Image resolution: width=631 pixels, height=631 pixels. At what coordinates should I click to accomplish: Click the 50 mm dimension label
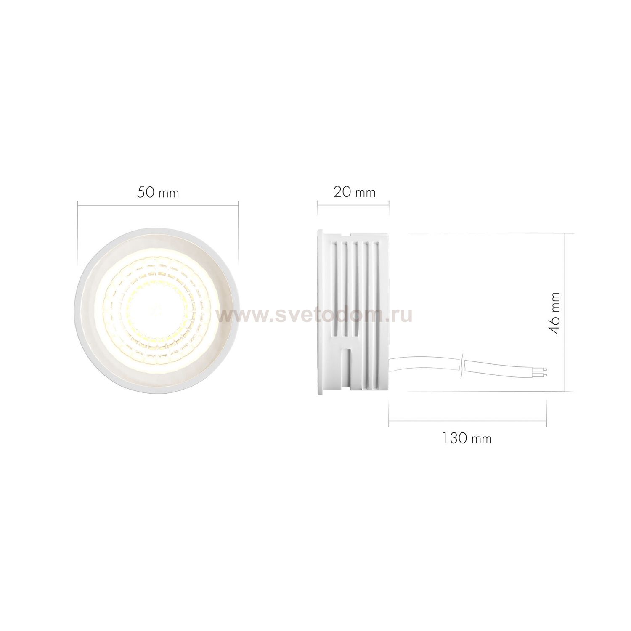(x=158, y=193)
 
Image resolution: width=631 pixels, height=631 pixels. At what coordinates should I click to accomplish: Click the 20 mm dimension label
(x=354, y=192)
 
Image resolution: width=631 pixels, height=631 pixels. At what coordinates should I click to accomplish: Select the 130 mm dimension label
(x=467, y=438)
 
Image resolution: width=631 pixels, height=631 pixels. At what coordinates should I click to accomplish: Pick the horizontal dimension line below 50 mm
(x=158, y=205)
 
